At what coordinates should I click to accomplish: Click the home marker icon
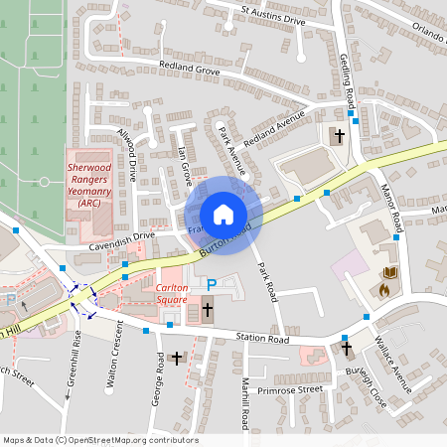point(223,215)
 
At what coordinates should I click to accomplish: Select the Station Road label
point(262,339)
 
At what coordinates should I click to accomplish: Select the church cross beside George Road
point(178,358)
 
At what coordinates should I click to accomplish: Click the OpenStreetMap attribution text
point(101,438)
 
